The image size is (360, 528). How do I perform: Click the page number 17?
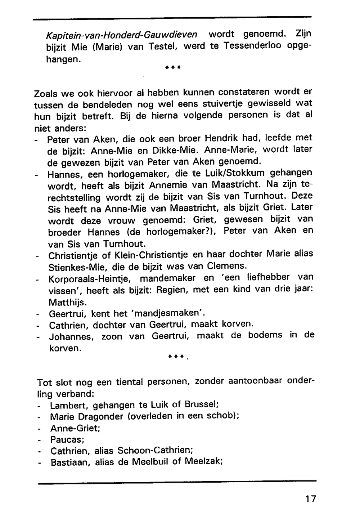tap(310, 499)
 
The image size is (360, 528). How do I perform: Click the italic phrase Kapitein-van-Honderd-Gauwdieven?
tap(122, 35)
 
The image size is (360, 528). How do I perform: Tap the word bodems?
tap(265, 335)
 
